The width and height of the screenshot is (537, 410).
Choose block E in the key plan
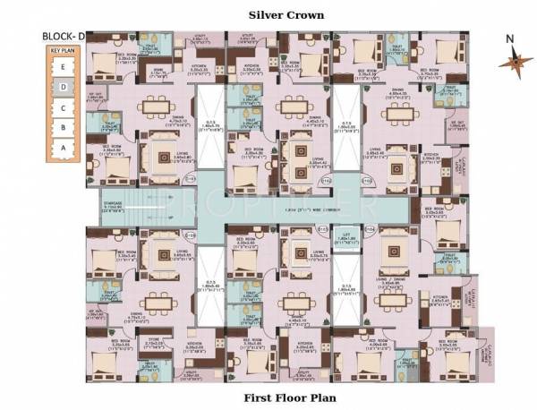(x=62, y=68)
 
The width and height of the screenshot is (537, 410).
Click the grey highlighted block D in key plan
(x=62, y=88)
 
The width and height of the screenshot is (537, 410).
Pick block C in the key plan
(x=62, y=107)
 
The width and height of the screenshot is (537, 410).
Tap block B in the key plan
(x=62, y=127)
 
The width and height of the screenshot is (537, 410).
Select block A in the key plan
(x=62, y=147)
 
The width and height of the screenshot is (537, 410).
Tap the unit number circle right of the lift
(x=369, y=230)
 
